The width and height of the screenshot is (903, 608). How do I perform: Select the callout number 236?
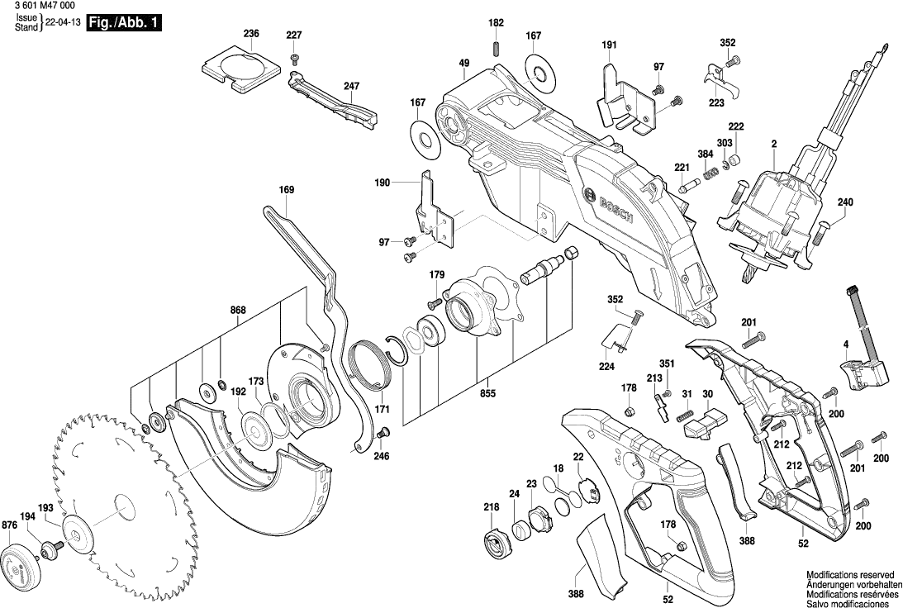251,34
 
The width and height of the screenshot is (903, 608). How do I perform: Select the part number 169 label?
286,190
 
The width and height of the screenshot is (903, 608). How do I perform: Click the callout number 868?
238,311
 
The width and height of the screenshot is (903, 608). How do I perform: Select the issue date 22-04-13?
63,27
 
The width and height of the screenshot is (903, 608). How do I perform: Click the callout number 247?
352,86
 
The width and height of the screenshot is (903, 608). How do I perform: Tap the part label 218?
492,506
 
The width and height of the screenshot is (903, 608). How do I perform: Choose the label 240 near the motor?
846,202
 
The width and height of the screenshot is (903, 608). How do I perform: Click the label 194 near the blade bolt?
27,517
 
